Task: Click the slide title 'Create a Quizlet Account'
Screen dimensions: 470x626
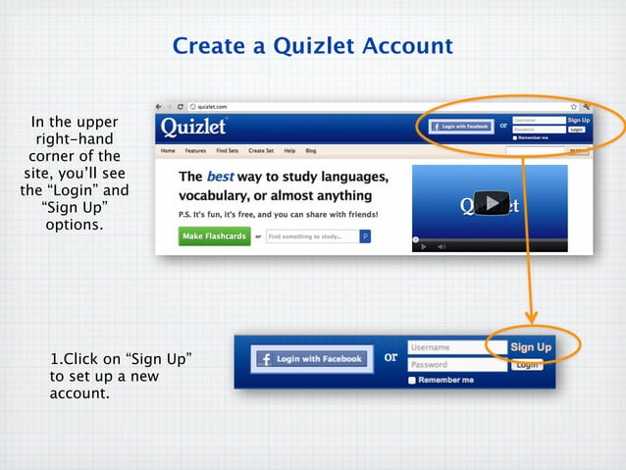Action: tap(312, 46)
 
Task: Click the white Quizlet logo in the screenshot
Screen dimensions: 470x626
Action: tap(194, 128)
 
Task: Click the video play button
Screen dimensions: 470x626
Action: tap(492, 203)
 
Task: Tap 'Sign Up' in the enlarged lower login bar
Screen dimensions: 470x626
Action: tap(531, 347)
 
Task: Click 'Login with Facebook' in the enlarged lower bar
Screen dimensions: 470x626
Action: tap(311, 359)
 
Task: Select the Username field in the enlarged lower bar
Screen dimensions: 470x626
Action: tap(456, 347)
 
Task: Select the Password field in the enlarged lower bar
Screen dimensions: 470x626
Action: tap(456, 365)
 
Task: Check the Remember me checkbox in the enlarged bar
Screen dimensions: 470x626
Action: tap(412, 380)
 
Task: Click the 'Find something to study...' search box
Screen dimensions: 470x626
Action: tap(312, 236)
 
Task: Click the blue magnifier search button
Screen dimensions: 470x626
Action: tap(365, 236)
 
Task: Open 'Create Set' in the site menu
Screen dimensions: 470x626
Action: tap(261, 151)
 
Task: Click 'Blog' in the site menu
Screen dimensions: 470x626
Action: tap(311, 151)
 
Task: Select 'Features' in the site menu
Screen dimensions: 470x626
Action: tap(195, 151)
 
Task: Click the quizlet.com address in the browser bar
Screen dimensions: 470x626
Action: tap(214, 106)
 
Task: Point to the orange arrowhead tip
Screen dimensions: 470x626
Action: tap(532, 321)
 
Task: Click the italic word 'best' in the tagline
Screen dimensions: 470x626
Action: tap(220, 178)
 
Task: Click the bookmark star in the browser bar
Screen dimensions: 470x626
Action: tap(573, 106)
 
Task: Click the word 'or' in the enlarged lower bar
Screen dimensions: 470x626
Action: tap(391, 357)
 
